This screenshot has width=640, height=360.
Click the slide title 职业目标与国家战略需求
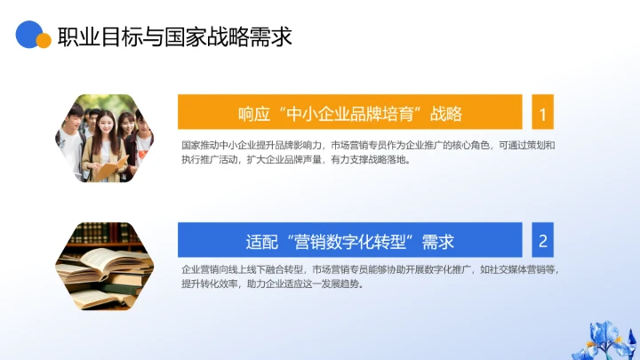coord(174,37)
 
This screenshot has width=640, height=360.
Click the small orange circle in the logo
coord(43,41)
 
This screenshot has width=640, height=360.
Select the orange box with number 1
coord(542,113)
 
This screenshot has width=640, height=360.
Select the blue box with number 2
coord(542,240)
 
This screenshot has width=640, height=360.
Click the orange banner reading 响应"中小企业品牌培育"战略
coord(349,113)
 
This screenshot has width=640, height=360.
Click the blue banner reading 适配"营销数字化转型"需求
coord(349,240)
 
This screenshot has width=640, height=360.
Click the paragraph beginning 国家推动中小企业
coord(368,153)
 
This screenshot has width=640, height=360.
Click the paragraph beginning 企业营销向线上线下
coord(368,276)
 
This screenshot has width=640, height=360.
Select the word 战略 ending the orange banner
coord(446,114)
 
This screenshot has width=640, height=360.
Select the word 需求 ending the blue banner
coord(438,241)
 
